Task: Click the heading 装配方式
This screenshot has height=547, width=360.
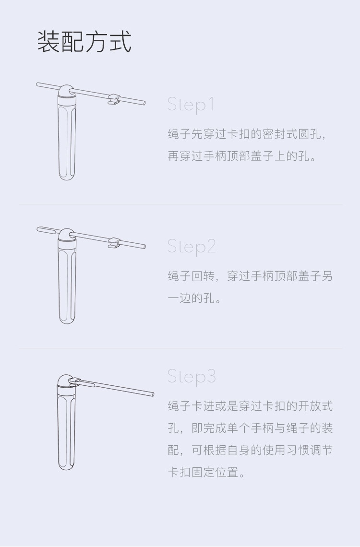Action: pos(84,42)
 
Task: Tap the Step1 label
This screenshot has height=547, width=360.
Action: pos(191,104)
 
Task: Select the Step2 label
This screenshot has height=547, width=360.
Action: pos(192,247)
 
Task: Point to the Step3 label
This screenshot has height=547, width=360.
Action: pos(192,376)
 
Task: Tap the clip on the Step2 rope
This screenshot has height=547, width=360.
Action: pos(114,243)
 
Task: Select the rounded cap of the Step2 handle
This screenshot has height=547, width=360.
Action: pos(66,236)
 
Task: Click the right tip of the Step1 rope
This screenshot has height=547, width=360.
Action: pos(144,103)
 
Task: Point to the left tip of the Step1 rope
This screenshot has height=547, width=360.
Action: pos(37,84)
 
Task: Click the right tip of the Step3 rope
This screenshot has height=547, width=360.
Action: pos(152,394)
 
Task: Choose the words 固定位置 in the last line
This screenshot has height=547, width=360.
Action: pos(215,472)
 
